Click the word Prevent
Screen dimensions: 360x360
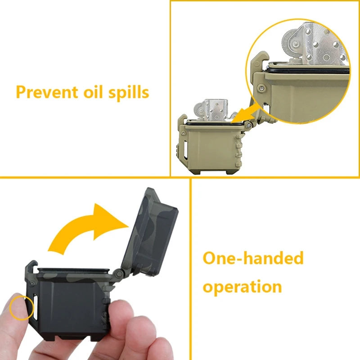coord(44,93)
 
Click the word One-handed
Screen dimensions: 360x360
coord(253,259)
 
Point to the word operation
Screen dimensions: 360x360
coord(242,287)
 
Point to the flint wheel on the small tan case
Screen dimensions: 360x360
coord(200,108)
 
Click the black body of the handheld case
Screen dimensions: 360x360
coord(67,306)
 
